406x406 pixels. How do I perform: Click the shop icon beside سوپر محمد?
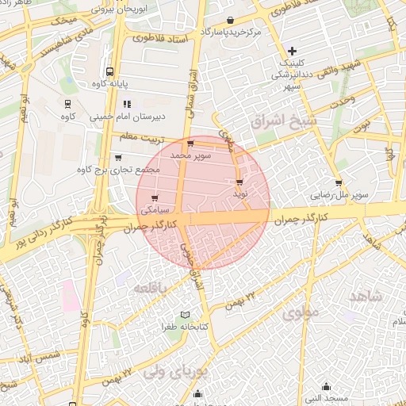pyautogui.click(x=190, y=144)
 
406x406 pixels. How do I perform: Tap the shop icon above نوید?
pyautogui.click(x=239, y=182)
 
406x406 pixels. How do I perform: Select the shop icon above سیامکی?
pyautogui.click(x=154, y=198)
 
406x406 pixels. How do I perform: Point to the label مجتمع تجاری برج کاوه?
pyautogui.click(x=119, y=170)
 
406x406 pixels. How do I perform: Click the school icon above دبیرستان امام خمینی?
pyautogui.click(x=126, y=104)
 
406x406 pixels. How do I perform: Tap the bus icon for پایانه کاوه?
pyautogui.click(x=109, y=70)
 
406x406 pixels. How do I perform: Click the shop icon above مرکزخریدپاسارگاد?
pyautogui.click(x=230, y=21)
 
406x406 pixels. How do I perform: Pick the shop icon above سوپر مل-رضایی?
pyautogui.click(x=339, y=182)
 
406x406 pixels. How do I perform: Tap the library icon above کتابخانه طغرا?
pyautogui.click(x=185, y=315)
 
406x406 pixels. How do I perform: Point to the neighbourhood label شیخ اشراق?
pyautogui.click(x=282, y=122)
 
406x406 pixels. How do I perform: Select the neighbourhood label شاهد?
pyautogui.click(x=364, y=297)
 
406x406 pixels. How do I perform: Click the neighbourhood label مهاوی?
pyautogui.click(x=299, y=312)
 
